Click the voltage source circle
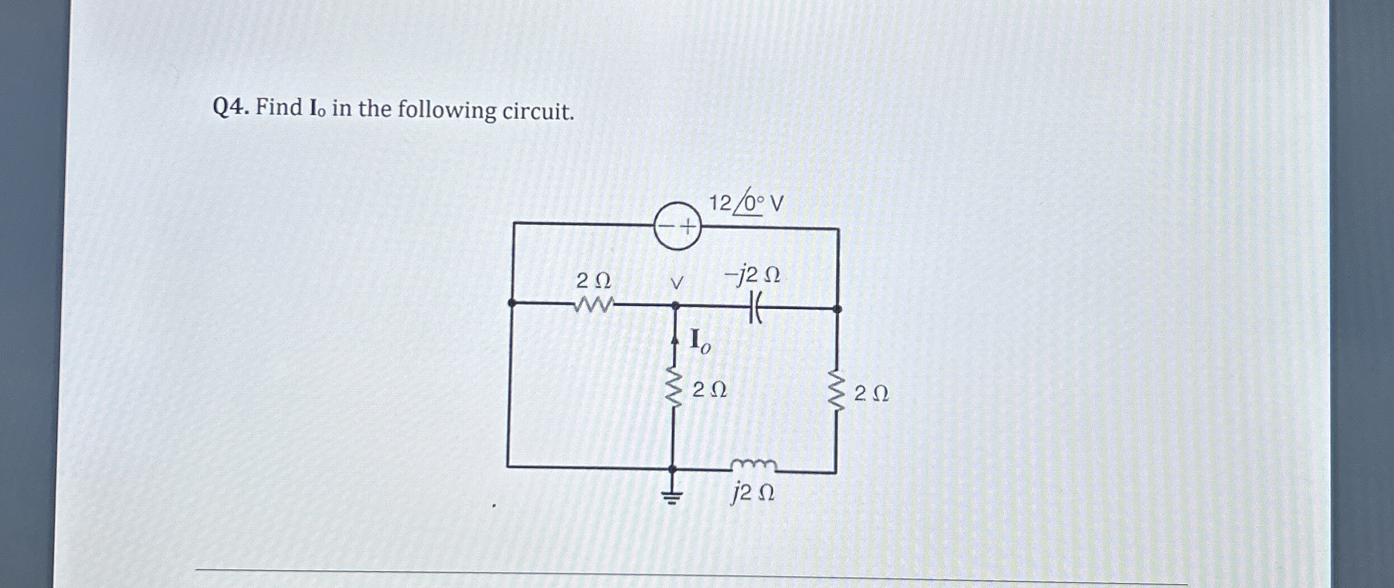677,226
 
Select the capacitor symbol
756,309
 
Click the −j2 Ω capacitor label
752,276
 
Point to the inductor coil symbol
754,465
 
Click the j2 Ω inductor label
753,494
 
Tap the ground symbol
672,496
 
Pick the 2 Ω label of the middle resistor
709,390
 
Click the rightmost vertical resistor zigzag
837,391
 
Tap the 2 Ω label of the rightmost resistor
872,394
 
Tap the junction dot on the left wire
512,303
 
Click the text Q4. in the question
230,107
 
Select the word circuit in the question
538,112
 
